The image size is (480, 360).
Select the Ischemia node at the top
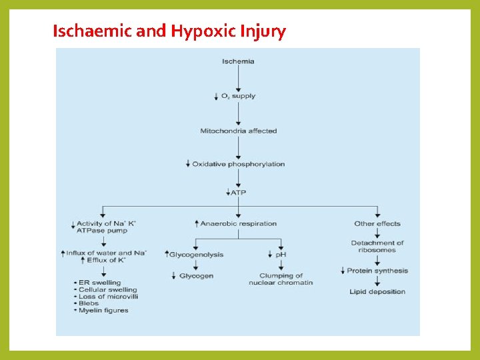coord(238,61)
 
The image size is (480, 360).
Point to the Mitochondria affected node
coord(238,131)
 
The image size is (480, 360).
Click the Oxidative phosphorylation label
coord(238,164)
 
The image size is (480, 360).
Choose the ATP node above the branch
coord(238,192)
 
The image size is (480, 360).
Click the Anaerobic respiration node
coord(238,223)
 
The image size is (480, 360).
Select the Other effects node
coord(377,223)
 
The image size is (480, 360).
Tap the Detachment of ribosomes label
coord(377,247)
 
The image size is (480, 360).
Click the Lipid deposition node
coord(377,292)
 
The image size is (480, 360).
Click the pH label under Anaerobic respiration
coord(281,255)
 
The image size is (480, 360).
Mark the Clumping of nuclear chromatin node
coord(281,279)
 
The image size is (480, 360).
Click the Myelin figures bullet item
coord(103,310)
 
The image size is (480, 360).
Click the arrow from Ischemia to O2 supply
coord(238,79)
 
